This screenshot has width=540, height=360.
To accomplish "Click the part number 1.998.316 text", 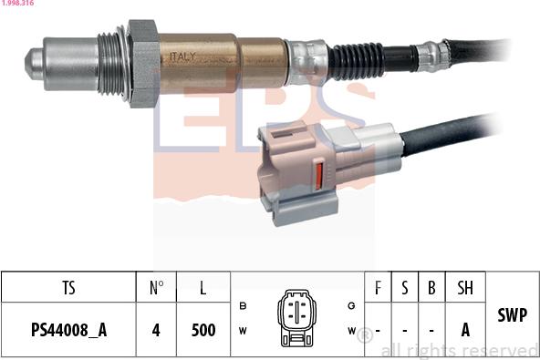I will coord(18,5).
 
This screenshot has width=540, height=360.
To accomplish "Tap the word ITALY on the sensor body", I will coord(182,57).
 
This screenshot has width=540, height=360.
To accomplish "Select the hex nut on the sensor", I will coord(143,62).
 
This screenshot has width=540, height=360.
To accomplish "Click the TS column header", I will coord(68,288).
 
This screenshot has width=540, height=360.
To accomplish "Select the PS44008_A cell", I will coord(68,330).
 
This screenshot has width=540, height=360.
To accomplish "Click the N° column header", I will coord(156,288).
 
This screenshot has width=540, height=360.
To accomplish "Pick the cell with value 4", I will coord(156,330).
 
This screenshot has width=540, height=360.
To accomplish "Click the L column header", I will coord(202,288).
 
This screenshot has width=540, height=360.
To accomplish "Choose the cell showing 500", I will coord(202,330).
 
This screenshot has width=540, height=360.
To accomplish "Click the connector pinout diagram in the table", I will coord(296,317).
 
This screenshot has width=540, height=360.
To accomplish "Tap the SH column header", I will coord(465,288).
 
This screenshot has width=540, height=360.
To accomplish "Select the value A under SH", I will coord(465,330).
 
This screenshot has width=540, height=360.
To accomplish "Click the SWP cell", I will coord(513,315).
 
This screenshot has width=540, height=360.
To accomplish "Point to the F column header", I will coord(378,288).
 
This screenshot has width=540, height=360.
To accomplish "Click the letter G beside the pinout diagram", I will coord(351,305).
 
